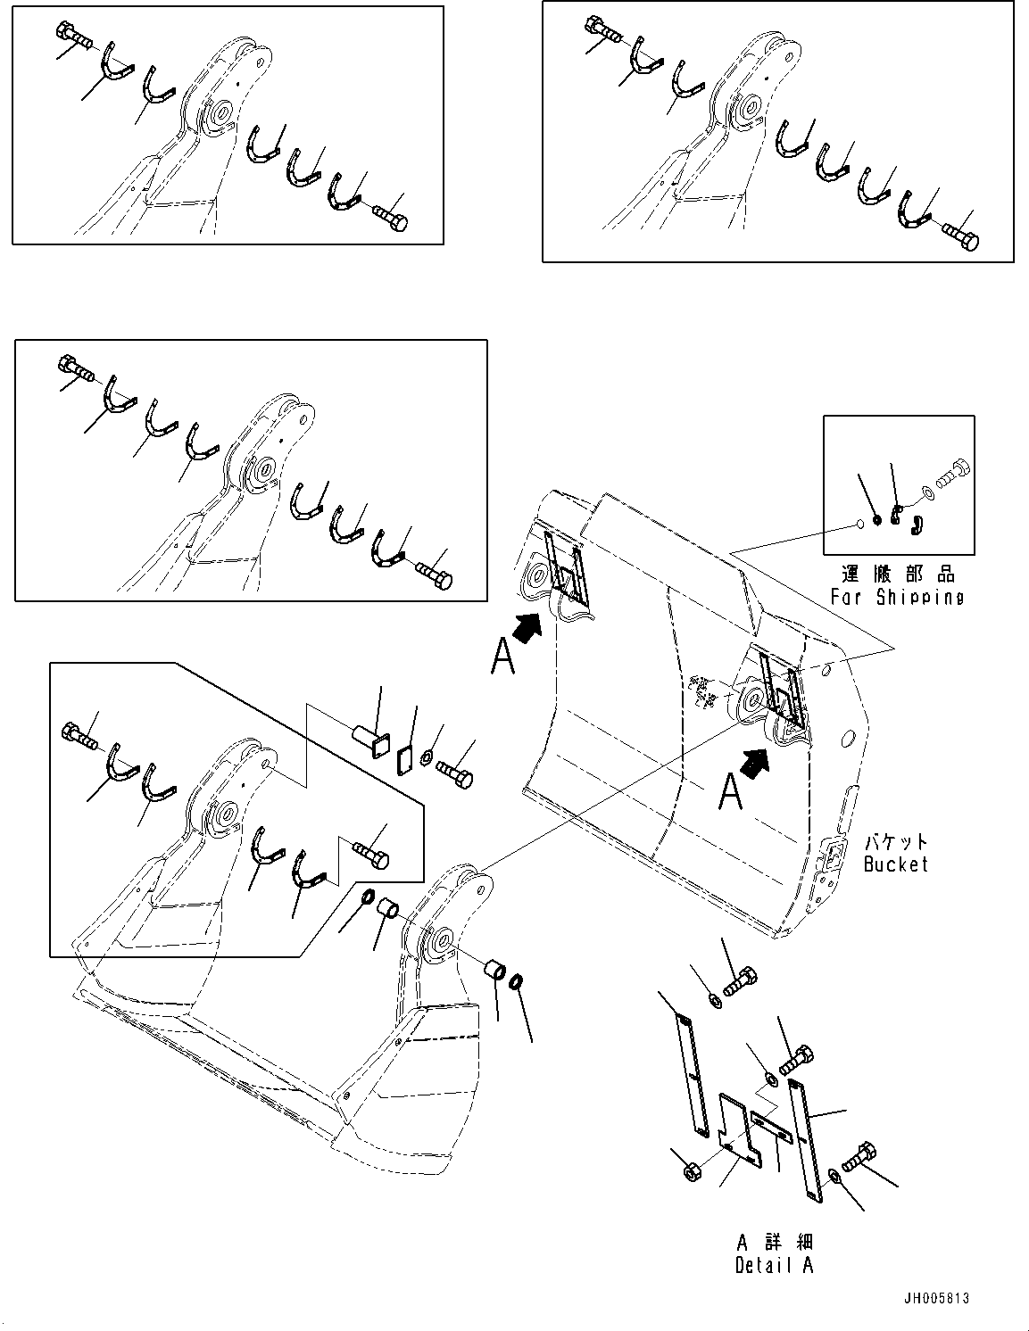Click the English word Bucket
(x=895, y=864)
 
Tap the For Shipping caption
(x=897, y=598)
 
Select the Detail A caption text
(x=774, y=1264)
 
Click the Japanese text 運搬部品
(x=897, y=575)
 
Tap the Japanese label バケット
(x=895, y=842)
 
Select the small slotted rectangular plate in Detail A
(x=772, y=1125)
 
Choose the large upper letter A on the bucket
(x=502, y=659)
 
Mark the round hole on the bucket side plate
(x=848, y=738)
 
